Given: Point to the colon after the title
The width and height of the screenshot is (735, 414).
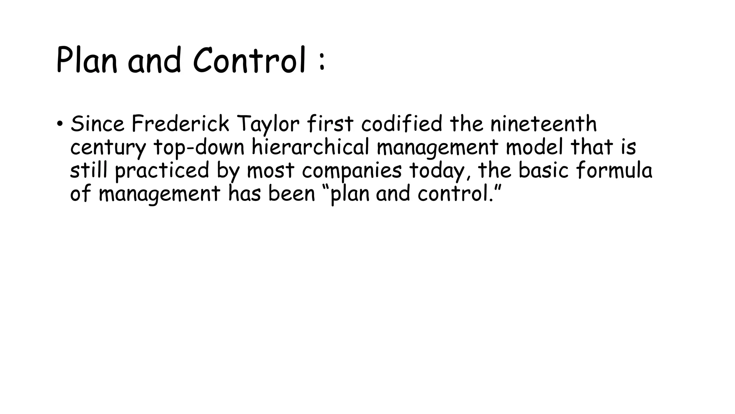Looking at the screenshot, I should tap(322, 61).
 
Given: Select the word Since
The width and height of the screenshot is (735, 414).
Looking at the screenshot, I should tap(97, 124).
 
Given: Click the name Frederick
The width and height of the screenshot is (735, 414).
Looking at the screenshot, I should tap(180, 124).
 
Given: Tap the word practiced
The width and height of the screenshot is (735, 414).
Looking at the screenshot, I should tap(162, 171).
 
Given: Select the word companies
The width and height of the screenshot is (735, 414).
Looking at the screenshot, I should tap(351, 171).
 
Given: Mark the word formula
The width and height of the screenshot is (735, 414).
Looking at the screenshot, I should tap(614, 170).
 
